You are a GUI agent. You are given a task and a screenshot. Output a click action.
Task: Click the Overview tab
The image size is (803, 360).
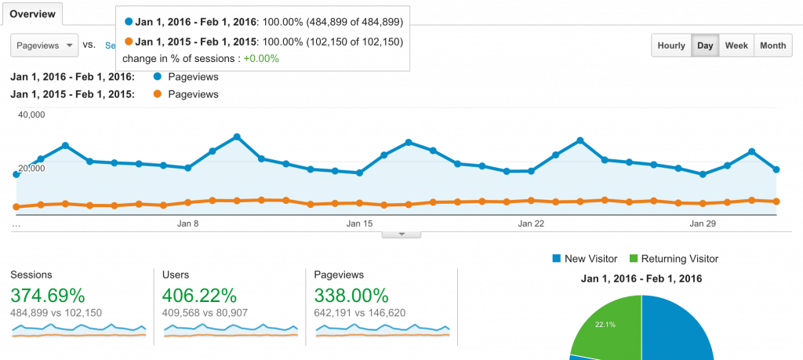click(31, 13)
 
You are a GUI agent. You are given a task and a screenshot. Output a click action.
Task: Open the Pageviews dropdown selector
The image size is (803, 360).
click(45, 45)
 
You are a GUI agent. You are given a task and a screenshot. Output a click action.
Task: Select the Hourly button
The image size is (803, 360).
click(671, 45)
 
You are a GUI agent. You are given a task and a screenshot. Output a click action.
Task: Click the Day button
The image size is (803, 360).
click(705, 45)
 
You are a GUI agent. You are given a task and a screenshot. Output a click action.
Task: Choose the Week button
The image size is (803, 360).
click(736, 45)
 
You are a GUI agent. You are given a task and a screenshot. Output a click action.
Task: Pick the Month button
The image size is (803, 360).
click(772, 45)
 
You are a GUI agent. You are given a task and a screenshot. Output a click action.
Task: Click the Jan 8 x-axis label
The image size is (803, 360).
click(187, 224)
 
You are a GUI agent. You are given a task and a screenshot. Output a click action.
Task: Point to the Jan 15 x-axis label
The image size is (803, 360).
click(359, 224)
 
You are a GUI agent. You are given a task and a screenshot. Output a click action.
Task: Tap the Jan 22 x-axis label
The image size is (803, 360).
click(531, 224)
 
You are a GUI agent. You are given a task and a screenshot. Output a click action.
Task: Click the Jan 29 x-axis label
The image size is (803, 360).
click(703, 224)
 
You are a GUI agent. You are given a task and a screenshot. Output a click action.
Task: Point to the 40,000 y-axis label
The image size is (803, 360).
click(31, 115)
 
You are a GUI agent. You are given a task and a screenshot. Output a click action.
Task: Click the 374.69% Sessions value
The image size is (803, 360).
click(47, 296)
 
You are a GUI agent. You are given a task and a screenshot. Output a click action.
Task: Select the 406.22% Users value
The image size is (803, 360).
click(199, 296)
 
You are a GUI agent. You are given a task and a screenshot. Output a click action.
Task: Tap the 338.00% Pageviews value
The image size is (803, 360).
click(351, 296)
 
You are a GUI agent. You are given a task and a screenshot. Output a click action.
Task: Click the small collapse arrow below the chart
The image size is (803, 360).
click(401, 234)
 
